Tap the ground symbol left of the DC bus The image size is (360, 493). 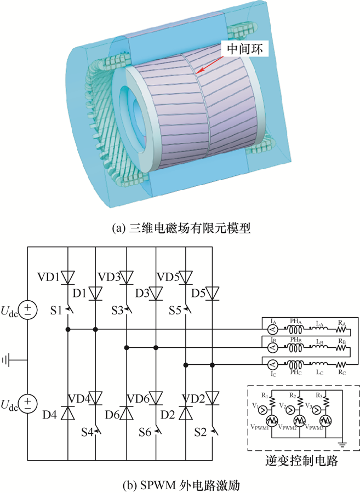[7, 359]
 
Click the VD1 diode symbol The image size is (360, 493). [67, 277]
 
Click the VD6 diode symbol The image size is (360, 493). [156, 396]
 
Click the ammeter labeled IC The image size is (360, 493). [271, 364]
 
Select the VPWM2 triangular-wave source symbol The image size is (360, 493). [300, 420]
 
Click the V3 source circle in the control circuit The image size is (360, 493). [317, 409]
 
